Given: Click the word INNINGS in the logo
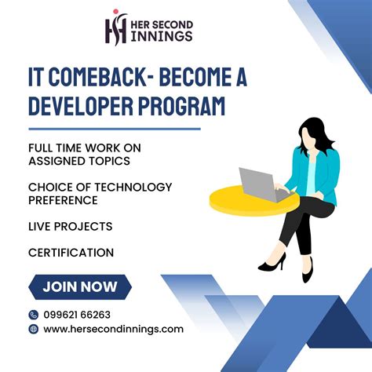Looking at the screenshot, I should pos(162,36).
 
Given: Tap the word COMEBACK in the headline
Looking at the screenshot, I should pos(109,77).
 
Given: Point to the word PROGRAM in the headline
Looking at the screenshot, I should pos(186,105).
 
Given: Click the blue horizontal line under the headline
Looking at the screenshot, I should pos(114,128).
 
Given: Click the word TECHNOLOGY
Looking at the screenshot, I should pos(130,187).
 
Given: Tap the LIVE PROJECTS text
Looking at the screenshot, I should pos(70,226).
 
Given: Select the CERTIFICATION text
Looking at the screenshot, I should pos(71,253).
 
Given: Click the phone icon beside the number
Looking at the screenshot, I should pos(33,314).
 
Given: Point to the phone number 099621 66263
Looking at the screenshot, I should pos(77,314).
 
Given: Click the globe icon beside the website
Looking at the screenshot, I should pos(33,329).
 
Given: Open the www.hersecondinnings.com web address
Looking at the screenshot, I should pos(113,329).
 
